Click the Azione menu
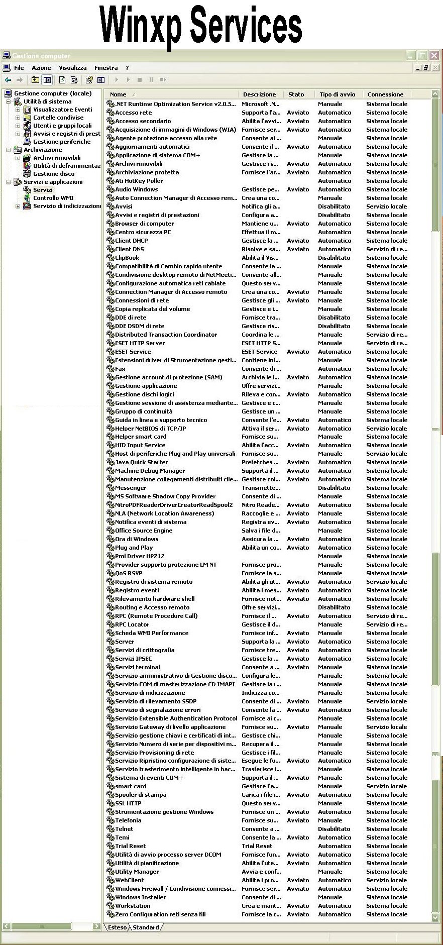41,68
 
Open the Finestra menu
106,68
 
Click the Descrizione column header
259,94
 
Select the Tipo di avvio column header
337,94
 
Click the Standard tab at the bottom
146,927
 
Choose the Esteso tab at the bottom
117,927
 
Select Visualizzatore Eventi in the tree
62,110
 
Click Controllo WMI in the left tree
53,198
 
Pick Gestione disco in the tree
54,174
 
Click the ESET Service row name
133,352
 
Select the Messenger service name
131,488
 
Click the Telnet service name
124,829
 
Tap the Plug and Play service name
134,548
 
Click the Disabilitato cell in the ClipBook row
334,258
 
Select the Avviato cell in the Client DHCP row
298,241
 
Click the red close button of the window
434,55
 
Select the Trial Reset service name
130,846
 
